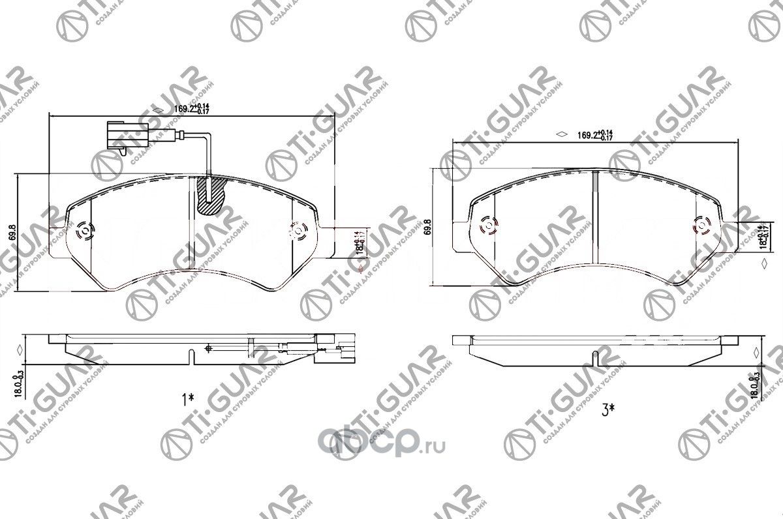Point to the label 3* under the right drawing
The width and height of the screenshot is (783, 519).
click(608, 409)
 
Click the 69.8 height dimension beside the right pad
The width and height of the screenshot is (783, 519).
click(427, 227)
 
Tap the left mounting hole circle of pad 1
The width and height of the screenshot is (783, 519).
click(84, 231)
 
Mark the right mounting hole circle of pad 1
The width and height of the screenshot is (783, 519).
click(298, 230)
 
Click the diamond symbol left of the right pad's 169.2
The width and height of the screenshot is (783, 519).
click(560, 135)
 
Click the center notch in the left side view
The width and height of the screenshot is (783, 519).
click(190, 357)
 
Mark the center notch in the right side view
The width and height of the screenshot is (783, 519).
click(596, 357)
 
